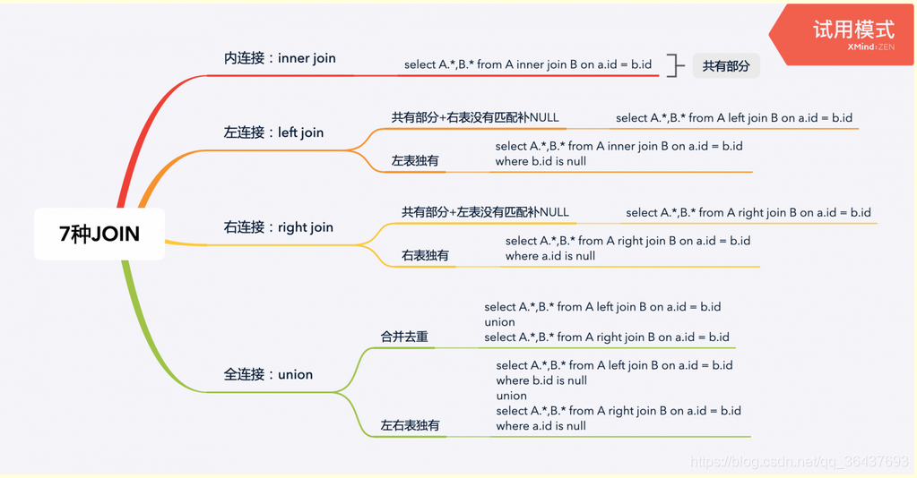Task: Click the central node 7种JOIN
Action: (99, 235)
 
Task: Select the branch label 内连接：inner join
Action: (280, 58)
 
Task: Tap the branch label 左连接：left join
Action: (273, 132)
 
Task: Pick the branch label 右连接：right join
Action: (278, 227)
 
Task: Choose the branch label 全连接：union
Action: (268, 374)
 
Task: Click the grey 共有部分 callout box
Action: (725, 65)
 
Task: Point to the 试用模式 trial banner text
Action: (852, 28)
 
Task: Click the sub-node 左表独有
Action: (415, 161)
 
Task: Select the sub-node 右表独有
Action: (425, 256)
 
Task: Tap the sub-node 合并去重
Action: (404, 337)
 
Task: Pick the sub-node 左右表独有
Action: (410, 425)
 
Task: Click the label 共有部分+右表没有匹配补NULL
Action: (475, 117)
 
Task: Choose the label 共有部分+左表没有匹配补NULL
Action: (485, 212)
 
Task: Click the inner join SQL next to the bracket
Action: (527, 64)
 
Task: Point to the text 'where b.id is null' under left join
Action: (541, 161)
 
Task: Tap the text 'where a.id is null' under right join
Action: (550, 256)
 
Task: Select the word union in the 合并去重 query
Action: (499, 322)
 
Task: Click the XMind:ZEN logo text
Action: (870, 47)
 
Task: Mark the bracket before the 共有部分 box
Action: (676, 65)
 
